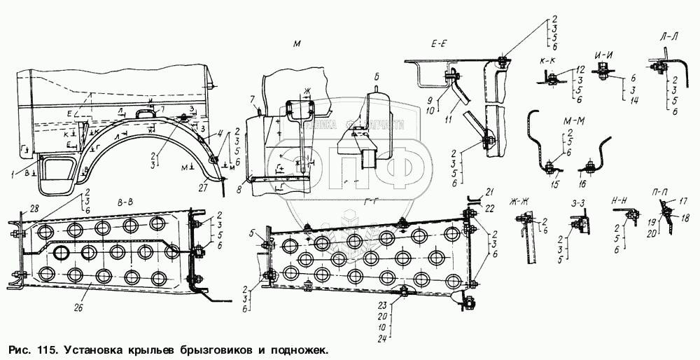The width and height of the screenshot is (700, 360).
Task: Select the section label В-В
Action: coord(126,201)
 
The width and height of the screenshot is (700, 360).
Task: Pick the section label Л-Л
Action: coord(668,33)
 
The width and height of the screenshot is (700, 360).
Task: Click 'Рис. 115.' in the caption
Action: coord(32,348)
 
